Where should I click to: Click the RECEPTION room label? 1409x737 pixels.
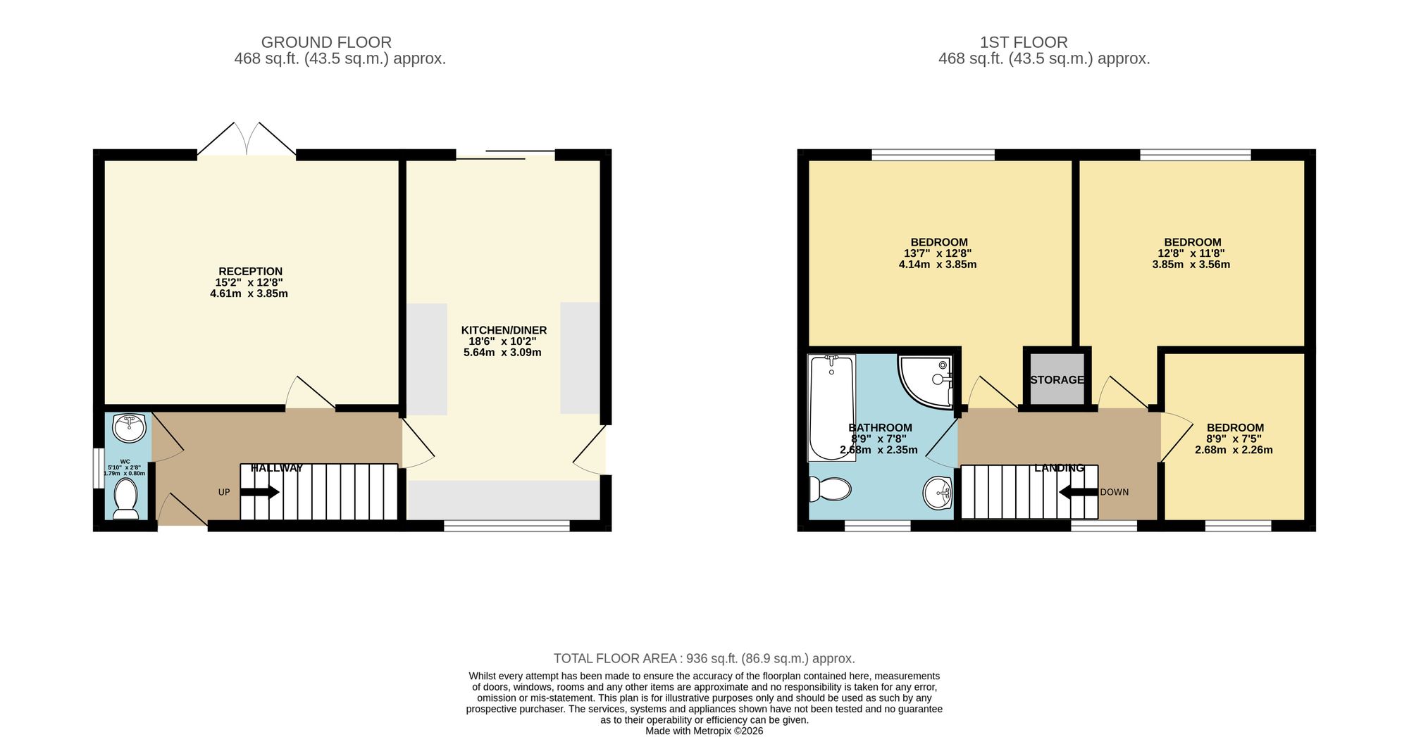point(250,271)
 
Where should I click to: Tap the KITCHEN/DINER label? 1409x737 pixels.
point(504,330)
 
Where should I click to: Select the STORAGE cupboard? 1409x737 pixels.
point(1057,379)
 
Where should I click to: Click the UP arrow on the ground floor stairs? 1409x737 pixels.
point(260,492)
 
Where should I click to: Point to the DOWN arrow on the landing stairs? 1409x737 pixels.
point(1079,492)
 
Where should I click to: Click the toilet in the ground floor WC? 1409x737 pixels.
point(126,498)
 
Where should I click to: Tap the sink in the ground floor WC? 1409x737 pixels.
point(129,428)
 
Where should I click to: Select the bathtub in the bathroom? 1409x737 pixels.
point(831,408)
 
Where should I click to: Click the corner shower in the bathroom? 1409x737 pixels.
point(926,381)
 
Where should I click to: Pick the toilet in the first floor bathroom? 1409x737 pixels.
point(829,489)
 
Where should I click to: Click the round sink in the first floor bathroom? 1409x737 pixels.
point(938,492)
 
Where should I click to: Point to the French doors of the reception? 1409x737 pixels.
point(247,139)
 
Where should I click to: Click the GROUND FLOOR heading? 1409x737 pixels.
point(326,42)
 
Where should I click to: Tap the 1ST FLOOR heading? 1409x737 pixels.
point(1024,42)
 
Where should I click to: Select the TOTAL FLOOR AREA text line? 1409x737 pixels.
point(704,659)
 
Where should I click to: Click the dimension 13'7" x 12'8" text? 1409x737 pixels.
point(938,253)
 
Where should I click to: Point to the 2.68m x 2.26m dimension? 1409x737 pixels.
point(1234,450)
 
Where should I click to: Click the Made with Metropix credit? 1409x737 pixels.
point(704,731)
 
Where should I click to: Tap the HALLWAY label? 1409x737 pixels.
point(277,468)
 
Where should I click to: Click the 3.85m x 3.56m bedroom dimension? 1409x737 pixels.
point(1191,265)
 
